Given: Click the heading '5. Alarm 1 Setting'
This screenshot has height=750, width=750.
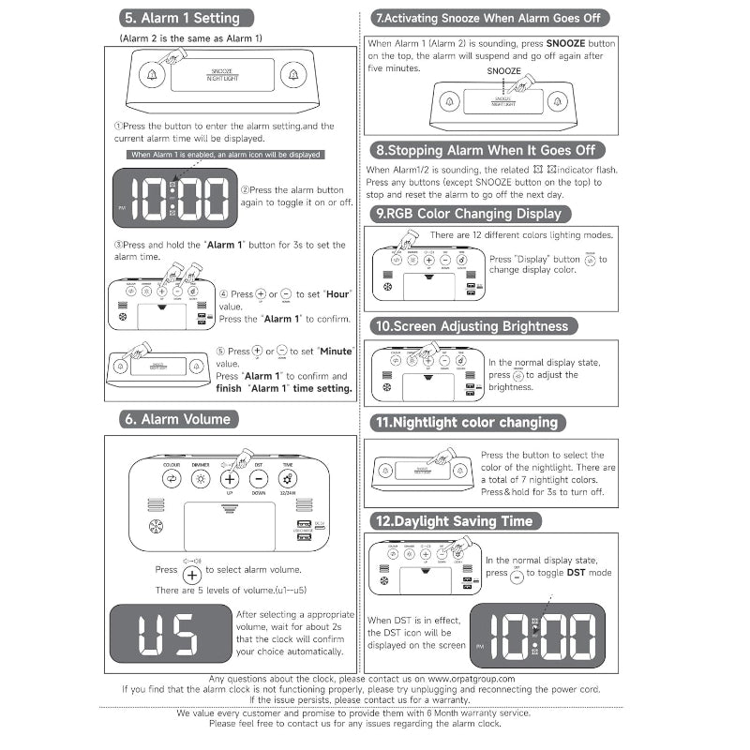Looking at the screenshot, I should coord(182,18).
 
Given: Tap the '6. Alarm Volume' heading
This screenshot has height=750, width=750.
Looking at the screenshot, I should coord(176,419).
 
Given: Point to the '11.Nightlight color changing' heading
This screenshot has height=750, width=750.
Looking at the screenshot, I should coord(467,423).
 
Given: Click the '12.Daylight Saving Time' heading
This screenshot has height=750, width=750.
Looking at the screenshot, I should coord(454,521).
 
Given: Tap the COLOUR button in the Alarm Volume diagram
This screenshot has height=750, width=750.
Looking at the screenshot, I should coord(172,479).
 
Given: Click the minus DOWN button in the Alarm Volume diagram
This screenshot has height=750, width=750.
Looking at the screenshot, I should coord(259,479).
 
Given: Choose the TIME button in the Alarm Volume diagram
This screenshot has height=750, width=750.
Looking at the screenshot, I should coord(288,479).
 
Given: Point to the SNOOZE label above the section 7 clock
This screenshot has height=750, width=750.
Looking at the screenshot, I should coord(503,71).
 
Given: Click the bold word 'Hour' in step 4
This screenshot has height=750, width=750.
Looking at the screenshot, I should coord(338,294).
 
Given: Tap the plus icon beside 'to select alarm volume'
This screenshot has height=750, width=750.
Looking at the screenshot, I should coord(191,574).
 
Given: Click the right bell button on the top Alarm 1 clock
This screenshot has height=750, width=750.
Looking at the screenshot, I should coord(293,75).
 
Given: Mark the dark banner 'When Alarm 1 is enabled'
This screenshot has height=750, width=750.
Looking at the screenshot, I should coord(225,155).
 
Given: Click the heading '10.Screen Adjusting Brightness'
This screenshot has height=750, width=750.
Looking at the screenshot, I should coord(472,326).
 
